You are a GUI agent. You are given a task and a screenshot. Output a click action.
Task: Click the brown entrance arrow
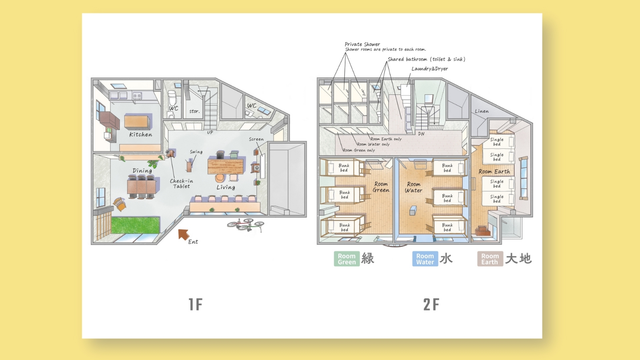(184, 234)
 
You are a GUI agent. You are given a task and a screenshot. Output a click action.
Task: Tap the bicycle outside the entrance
(246, 224)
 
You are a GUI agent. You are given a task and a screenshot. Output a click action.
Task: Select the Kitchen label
(140, 134)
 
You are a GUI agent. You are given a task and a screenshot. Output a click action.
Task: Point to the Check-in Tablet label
(182, 184)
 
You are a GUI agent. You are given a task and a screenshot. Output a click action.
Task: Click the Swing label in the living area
(196, 152)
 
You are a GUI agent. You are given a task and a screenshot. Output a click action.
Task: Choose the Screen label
(256, 139)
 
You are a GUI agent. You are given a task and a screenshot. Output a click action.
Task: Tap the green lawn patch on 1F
(135, 225)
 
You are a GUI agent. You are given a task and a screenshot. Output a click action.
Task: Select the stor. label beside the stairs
(194, 111)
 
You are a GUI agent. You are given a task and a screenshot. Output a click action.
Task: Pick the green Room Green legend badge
(347, 259)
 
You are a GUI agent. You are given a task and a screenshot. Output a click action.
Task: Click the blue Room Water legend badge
(425, 259)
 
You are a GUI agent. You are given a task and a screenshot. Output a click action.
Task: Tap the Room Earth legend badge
(490, 259)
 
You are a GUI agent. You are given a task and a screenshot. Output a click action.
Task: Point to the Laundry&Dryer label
(430, 68)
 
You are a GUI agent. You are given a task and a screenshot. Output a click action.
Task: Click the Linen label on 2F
(482, 111)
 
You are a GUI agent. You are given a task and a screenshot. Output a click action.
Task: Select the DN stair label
(421, 134)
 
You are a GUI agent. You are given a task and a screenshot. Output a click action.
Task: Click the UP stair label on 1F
(210, 132)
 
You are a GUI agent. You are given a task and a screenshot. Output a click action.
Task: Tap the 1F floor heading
(196, 304)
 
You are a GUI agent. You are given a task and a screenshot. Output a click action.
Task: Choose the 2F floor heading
(431, 304)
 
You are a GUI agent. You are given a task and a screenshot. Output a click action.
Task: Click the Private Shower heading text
(362, 44)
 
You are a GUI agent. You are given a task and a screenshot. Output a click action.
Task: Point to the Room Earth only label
(386, 139)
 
